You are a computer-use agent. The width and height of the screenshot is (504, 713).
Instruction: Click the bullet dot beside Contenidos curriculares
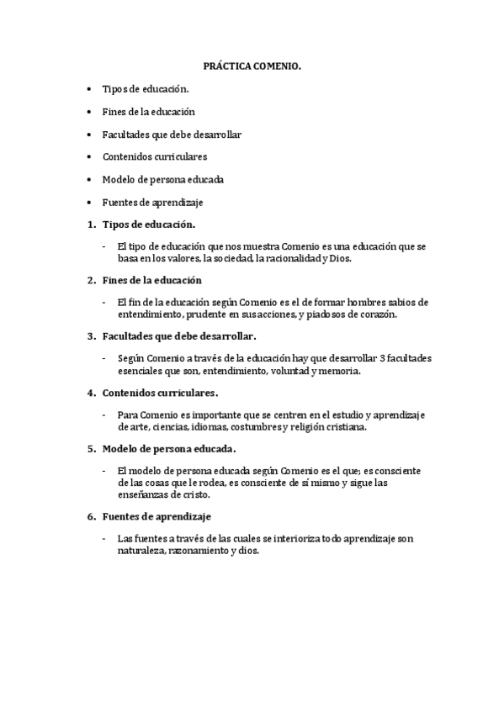[90, 156]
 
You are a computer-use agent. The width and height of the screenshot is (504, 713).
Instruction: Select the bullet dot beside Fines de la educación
[90, 111]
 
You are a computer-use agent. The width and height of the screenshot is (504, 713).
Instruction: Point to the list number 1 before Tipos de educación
[91, 224]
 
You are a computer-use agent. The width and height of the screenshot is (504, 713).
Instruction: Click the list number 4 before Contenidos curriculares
[91, 392]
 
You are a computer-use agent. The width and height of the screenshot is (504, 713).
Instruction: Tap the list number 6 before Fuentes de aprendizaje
[91, 515]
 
